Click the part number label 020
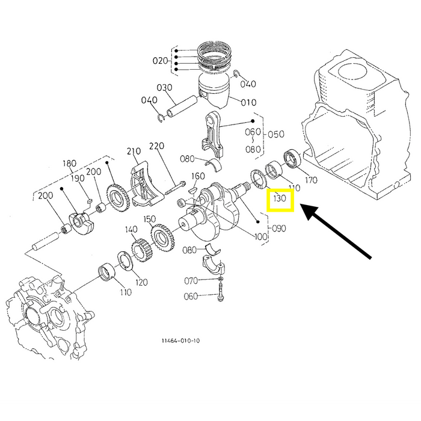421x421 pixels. point(161,61)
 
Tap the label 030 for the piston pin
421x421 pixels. point(164,88)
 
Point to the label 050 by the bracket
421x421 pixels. point(276,134)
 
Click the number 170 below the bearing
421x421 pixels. point(311,180)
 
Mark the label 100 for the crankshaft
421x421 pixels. point(261,236)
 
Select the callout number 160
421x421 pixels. point(198,176)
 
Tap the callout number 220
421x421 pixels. point(156,146)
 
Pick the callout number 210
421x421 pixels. point(134,150)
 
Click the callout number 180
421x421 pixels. point(69,163)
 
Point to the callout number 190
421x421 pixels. point(78,179)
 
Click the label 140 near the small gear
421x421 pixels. point(131,230)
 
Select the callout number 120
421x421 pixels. point(141,283)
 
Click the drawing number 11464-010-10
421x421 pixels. point(180,341)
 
